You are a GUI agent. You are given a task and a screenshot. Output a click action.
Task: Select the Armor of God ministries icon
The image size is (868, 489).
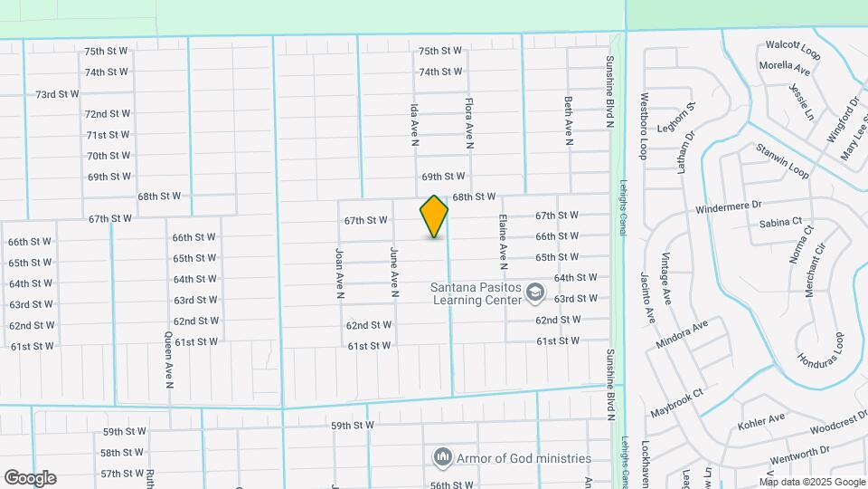pyautogui.click(x=442, y=457)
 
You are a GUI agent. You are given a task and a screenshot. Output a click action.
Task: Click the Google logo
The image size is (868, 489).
pyautogui.click(x=30, y=478)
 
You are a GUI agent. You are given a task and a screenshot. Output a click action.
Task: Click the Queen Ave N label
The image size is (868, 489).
pyautogui.click(x=169, y=360)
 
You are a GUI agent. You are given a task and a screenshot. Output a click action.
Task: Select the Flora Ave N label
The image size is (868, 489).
pyautogui.click(x=469, y=123)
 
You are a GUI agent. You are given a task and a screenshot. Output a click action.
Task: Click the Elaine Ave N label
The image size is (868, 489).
pyautogui.click(x=502, y=242)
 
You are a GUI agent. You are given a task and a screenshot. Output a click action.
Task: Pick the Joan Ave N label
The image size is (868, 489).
pyautogui.click(x=339, y=273)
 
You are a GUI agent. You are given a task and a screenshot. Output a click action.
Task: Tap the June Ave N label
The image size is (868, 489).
pyautogui.click(x=394, y=273)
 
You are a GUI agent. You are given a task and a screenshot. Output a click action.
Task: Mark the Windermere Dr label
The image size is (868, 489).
pyautogui.click(x=730, y=208)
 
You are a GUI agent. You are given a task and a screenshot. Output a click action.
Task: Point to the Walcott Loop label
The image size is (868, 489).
pyautogui.click(x=792, y=49)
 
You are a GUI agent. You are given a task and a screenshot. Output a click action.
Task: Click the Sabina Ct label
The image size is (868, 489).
pyautogui.click(x=780, y=222)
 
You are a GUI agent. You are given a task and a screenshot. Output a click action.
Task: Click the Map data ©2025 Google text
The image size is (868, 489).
pyautogui.click(x=811, y=482)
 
